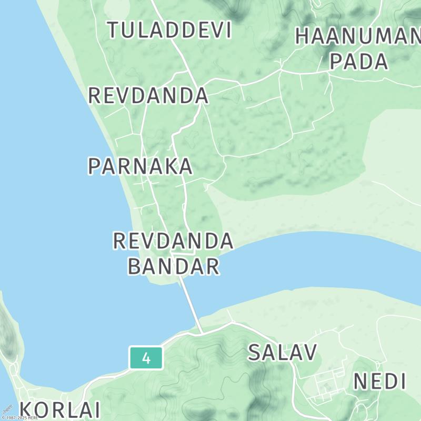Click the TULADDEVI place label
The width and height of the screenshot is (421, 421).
[x=169, y=30]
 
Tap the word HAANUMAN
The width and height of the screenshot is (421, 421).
[x=358, y=36]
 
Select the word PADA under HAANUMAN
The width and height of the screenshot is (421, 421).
[x=359, y=61]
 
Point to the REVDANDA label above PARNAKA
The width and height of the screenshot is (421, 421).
[x=148, y=96]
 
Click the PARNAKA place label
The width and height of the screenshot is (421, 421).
[x=140, y=166]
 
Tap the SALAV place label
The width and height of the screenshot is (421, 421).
[x=283, y=353]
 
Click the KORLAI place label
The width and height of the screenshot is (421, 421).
[x=60, y=409]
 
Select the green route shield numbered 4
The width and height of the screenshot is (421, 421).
[x=146, y=358]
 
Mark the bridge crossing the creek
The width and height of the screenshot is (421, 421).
[x=191, y=305]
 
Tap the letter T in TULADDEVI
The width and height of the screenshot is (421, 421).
[x=114, y=30]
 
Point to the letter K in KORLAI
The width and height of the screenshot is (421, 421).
[x=27, y=409]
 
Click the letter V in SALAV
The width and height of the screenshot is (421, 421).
[x=309, y=353]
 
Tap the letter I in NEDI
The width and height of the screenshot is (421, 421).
[x=403, y=381]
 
